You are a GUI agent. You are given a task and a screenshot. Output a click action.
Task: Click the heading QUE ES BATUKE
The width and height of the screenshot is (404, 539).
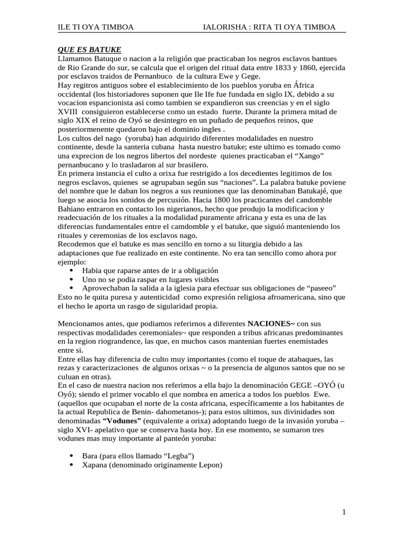tap(89, 50)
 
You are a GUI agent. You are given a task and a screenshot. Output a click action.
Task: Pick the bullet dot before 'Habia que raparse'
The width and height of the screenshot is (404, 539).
tap(72, 271)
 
